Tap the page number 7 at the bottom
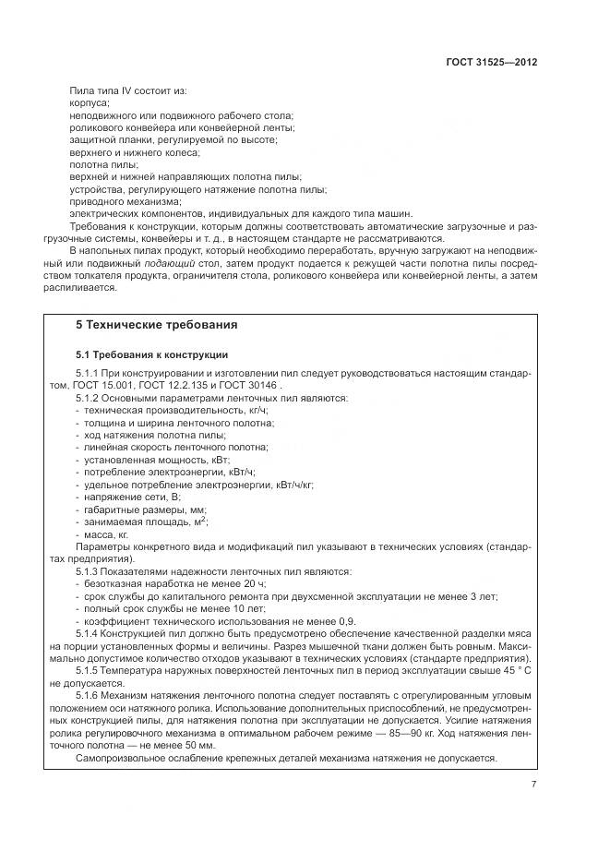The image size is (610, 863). [x=533, y=785]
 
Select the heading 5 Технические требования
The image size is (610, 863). [x=156, y=325]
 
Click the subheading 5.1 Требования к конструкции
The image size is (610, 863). [x=151, y=354]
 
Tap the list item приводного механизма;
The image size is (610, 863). [x=126, y=200]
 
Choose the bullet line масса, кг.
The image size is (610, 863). [x=106, y=533]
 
